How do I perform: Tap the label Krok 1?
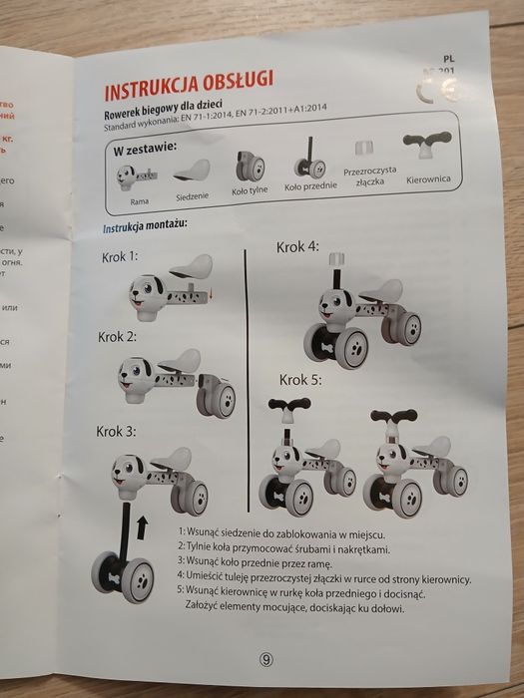(x=120, y=256)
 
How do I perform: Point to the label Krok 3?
(x=116, y=431)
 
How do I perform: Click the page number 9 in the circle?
(x=265, y=658)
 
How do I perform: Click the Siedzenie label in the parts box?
(x=192, y=196)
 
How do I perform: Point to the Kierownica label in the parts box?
(x=428, y=178)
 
